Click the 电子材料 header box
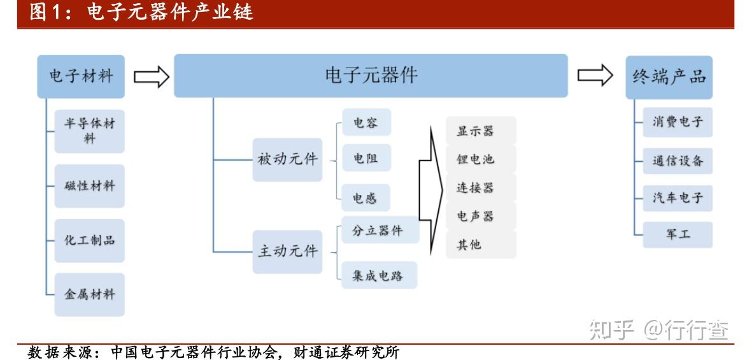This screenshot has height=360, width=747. (81, 76)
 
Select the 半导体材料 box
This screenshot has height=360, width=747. (90, 131)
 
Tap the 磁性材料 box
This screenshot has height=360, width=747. (90, 186)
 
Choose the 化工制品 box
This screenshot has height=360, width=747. (90, 240)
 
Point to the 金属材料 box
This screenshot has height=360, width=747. (90, 294)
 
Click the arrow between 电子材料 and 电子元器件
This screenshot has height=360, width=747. (152, 76)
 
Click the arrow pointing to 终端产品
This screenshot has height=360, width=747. (595, 75)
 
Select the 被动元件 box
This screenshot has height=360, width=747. (287, 160)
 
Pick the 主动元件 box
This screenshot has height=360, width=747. (287, 252)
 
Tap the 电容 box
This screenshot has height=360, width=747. (366, 122)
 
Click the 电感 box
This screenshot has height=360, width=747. (366, 198)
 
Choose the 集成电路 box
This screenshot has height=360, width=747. (379, 275)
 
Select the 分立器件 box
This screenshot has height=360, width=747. (380, 230)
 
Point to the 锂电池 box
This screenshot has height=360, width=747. (481, 159)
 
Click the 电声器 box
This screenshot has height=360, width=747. (481, 216)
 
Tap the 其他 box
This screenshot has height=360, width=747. (481, 245)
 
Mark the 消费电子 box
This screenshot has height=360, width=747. (678, 122)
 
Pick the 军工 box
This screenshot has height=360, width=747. (678, 234)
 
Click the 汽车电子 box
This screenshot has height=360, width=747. (678, 198)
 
